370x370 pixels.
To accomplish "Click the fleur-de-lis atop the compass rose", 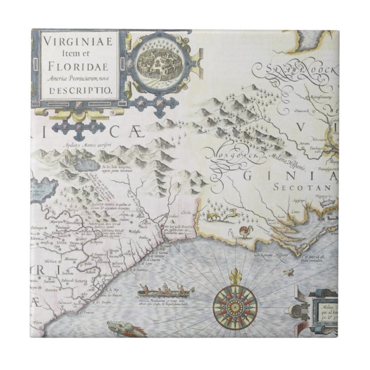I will [x=234, y=275].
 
